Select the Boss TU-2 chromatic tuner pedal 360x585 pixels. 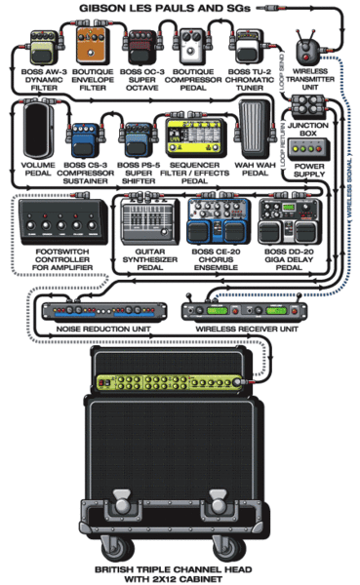tap(246, 49)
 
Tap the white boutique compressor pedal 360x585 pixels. tap(193, 47)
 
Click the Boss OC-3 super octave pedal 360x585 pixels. tap(141, 48)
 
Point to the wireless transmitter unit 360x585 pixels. tap(307, 48)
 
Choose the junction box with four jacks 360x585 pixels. tap(307, 104)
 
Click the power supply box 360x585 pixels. tap(309, 148)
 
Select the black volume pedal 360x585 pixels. tap(38, 130)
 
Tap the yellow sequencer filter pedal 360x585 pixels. tap(196, 136)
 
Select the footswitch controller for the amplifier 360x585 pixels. tap(63, 222)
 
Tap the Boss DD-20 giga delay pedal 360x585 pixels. tap(290, 221)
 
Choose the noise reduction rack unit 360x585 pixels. tap(104, 311)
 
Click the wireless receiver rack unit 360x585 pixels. tap(245, 310)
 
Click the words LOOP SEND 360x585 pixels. tap(282, 71)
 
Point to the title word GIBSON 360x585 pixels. tap(100, 8)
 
